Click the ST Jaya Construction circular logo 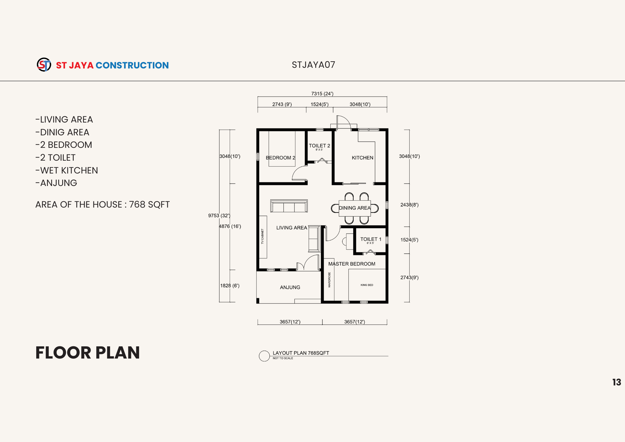(44, 65)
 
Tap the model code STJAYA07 (313, 65)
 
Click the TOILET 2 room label (319, 146)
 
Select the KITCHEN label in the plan (362, 158)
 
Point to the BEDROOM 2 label (280, 158)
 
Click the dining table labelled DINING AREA (355, 208)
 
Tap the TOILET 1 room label (371, 239)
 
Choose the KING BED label (367, 285)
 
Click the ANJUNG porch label (290, 287)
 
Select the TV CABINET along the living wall (263, 237)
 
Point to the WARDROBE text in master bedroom (329, 280)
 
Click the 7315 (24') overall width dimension (322, 94)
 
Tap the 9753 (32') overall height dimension (219, 215)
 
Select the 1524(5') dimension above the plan (319, 104)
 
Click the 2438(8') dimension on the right (409, 205)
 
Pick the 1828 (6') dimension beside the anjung (230, 285)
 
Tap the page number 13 (617, 382)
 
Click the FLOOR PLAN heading (87, 353)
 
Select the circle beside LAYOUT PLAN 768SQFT (264, 356)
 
